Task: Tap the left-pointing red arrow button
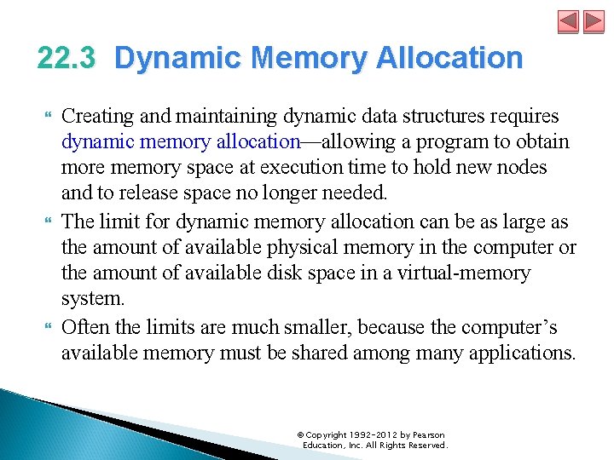[569, 21]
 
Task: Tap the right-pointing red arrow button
[594, 21]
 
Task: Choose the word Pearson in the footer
[426, 435]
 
